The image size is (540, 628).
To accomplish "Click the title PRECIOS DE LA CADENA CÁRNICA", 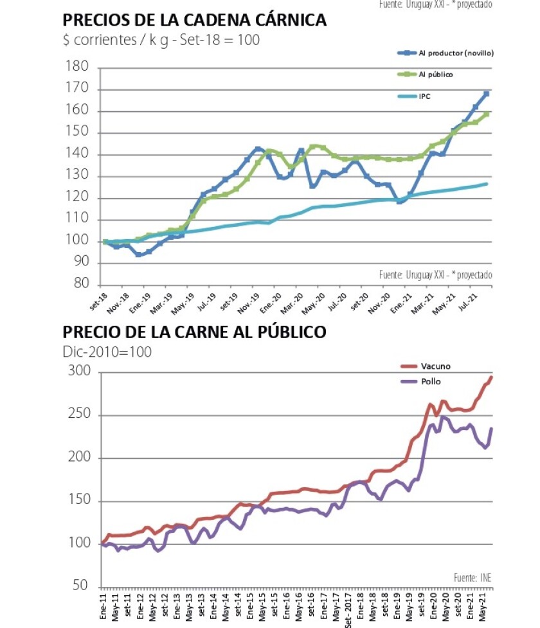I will click(x=194, y=21).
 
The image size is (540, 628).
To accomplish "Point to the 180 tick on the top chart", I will click(x=78, y=67).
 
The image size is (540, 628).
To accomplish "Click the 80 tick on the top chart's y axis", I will click(x=81, y=285).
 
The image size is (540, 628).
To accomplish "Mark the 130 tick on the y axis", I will click(x=78, y=176).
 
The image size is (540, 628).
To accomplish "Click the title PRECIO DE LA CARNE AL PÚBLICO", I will click(x=194, y=332).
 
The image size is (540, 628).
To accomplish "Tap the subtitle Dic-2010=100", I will click(x=107, y=352).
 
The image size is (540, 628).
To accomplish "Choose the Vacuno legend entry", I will click(x=435, y=366).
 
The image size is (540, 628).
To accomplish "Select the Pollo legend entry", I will click(x=431, y=381).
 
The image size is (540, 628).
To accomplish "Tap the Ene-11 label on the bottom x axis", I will click(x=103, y=607).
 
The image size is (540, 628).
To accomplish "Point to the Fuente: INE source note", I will click(x=472, y=577).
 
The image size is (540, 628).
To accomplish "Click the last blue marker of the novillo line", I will click(x=487, y=94).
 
